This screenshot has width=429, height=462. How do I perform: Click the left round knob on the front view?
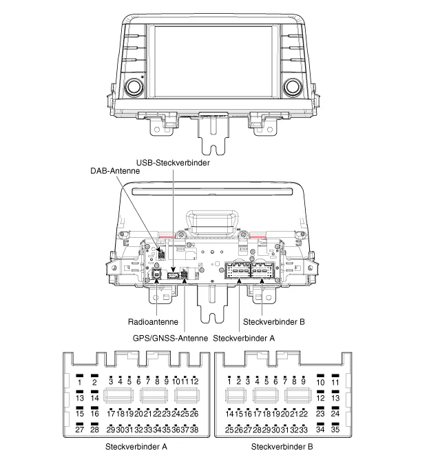(x=132, y=87)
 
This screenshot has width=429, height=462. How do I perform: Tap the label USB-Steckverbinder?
(x=172, y=163)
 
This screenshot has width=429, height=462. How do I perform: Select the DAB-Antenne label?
(x=115, y=170)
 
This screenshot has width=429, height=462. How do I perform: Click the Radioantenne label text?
(x=154, y=321)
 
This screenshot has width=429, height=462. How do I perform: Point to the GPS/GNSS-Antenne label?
(x=170, y=338)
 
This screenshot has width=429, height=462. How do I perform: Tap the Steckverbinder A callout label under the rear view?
(x=244, y=338)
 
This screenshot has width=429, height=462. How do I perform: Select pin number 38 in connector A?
(x=194, y=430)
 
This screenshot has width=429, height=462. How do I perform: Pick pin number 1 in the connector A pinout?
(x=80, y=382)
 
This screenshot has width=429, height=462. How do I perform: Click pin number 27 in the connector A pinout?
(x=80, y=430)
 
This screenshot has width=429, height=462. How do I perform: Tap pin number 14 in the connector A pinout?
(x=95, y=398)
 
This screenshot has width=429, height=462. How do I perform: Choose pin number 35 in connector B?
(x=335, y=430)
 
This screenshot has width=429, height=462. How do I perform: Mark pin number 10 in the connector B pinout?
(x=320, y=382)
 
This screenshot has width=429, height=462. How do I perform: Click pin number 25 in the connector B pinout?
(x=229, y=430)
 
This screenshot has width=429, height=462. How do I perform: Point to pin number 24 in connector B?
(x=335, y=414)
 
